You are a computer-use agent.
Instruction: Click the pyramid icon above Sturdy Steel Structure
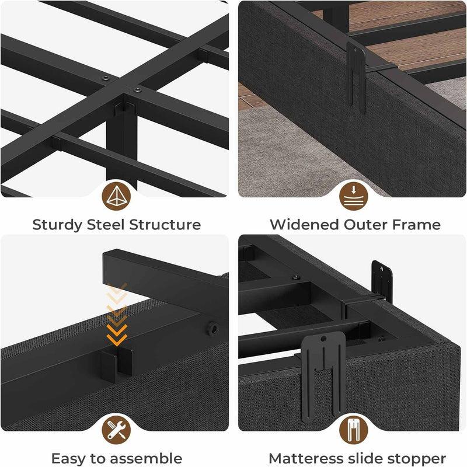pos(116,196)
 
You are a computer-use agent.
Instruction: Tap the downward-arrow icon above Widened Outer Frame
pos(354,196)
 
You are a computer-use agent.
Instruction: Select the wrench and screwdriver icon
pos(116,430)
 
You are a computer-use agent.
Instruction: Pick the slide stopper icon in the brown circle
pos(354,430)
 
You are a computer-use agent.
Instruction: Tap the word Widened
pos(304,224)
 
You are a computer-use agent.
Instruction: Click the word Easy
pos(68,459)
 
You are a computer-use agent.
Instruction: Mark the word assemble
pos(148,458)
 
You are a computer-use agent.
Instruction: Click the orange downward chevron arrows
pos(117,314)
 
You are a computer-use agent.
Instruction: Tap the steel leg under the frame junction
pos(121,143)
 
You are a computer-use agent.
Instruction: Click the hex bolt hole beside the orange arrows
pos(213,329)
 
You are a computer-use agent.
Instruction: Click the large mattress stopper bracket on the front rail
pos(323,377)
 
